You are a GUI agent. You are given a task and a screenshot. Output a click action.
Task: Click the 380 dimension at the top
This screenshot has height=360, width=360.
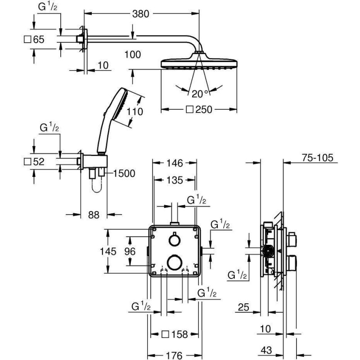pyautogui.click(x=140, y=14)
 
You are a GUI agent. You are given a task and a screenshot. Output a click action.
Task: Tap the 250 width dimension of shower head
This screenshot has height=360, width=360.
pyautogui.click(x=199, y=109)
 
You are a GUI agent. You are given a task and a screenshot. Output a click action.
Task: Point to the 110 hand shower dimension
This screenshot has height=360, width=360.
pyautogui.click(x=135, y=112)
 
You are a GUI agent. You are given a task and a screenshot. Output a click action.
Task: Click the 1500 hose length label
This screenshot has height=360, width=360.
pyautogui.click(x=124, y=173)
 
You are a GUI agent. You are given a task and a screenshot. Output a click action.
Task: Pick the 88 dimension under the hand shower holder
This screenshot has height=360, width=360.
pyautogui.click(x=94, y=215)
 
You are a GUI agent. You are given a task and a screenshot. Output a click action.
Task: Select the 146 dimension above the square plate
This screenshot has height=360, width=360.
pyautogui.click(x=175, y=163)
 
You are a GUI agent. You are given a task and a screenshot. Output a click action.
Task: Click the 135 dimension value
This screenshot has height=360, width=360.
pyautogui.click(x=175, y=180)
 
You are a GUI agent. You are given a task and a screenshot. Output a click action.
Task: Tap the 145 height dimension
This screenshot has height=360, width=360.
pyautogui.click(x=108, y=252)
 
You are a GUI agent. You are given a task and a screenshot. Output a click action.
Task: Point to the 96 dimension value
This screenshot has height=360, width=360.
pyautogui.click(x=130, y=252)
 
